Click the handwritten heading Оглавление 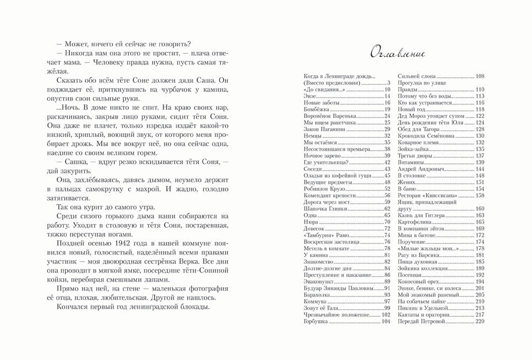click(397, 53)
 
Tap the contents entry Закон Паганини click(321, 129)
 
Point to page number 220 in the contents click(480, 321)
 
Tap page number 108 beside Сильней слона click(480, 76)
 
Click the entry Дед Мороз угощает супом click(430, 116)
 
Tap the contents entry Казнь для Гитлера click(421, 215)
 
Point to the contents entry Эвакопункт click(317, 282)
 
